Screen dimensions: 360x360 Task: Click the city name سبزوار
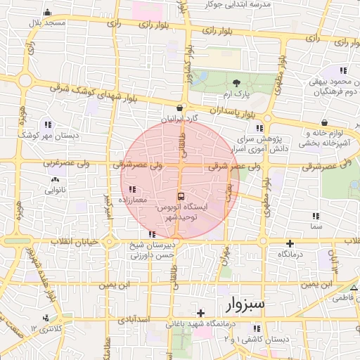(245, 304)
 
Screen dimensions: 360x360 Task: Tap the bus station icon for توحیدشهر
(181, 196)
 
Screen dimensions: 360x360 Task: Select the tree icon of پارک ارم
(236, 83)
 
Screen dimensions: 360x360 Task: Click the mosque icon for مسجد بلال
(47, 13)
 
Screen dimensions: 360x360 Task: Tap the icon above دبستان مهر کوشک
(48, 124)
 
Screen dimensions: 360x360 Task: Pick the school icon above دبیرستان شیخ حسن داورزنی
(152, 234)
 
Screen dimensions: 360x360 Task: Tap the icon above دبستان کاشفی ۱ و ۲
(257, 328)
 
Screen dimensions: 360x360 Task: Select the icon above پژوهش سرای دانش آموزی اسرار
(259, 128)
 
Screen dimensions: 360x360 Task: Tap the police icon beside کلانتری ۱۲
(46, 317)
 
